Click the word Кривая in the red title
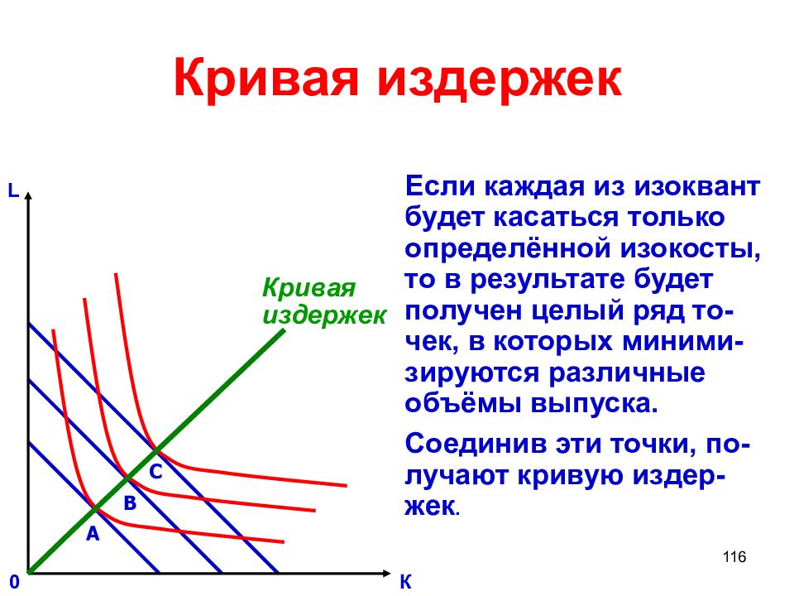click(x=264, y=79)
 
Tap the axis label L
click(x=12, y=191)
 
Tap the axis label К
click(x=405, y=582)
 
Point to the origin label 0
click(x=14, y=582)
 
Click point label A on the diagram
click(x=93, y=535)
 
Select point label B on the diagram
click(x=129, y=502)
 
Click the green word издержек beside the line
click(x=324, y=315)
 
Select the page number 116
click(x=734, y=557)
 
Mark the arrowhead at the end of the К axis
click(x=385, y=573)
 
